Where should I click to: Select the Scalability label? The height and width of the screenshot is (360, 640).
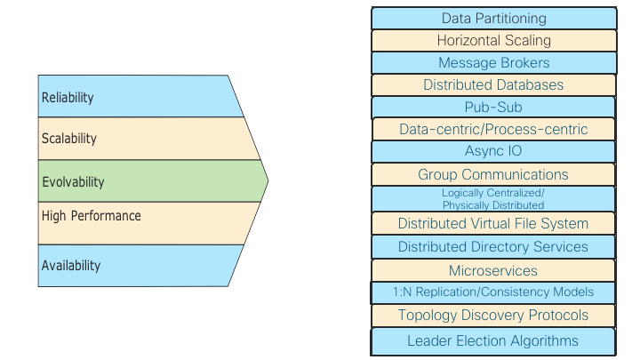tap(69, 139)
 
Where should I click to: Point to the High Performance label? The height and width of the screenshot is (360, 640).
tap(91, 216)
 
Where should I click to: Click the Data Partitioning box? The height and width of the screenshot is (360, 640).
tap(493, 18)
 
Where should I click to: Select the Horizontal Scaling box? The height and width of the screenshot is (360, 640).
tap(493, 40)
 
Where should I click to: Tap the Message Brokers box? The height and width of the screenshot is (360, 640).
tap(493, 62)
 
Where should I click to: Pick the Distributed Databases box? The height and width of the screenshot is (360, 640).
tap(493, 84)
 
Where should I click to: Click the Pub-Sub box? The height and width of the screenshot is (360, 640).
tap(493, 107)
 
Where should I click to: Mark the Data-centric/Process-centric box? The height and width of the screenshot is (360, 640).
tap(493, 129)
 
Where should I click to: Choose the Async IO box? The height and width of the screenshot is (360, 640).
tap(493, 151)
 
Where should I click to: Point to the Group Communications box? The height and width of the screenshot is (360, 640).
tap(493, 174)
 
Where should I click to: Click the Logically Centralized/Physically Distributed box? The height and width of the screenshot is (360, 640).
tap(493, 198)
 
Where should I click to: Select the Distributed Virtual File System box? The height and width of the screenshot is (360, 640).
tap(493, 223)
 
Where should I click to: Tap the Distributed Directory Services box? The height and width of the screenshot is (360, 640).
tap(493, 246)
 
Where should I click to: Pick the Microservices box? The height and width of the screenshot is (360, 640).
tap(493, 270)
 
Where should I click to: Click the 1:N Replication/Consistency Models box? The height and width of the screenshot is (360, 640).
tap(493, 292)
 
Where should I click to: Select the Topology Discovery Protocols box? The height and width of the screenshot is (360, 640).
tap(493, 315)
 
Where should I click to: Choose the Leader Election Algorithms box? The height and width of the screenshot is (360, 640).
tap(493, 340)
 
